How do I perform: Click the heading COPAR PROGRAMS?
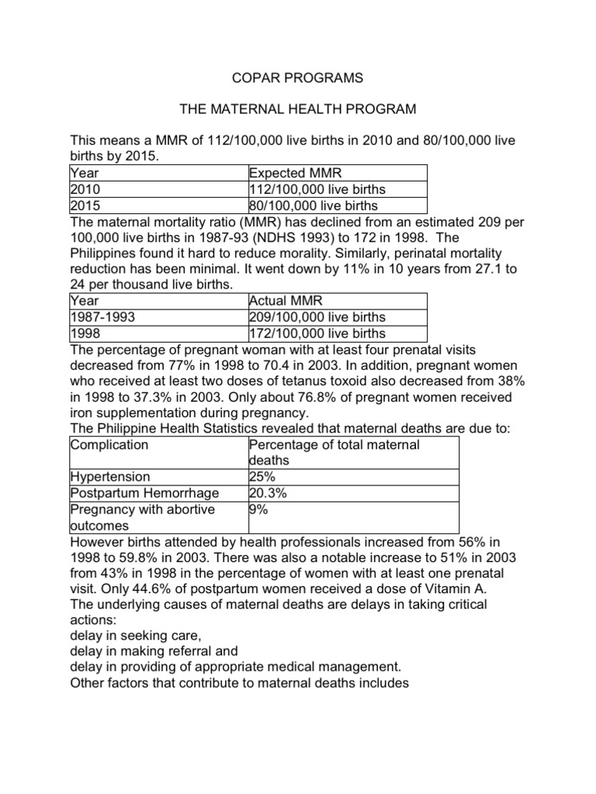click(297, 79)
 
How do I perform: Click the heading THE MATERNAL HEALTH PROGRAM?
click(297, 110)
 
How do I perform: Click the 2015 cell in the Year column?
click(85, 205)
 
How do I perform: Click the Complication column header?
click(109, 444)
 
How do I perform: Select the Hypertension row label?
click(110, 477)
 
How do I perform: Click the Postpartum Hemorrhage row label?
click(144, 493)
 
